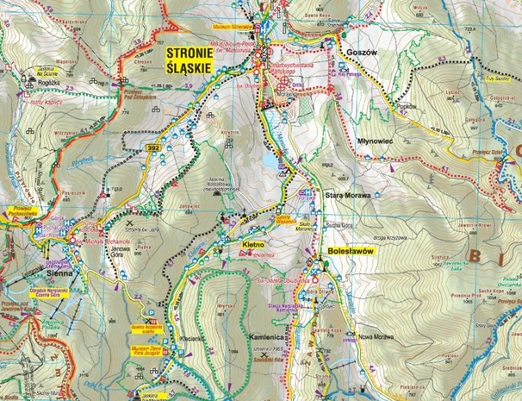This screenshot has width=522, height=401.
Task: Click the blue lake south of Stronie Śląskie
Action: pos(271,159)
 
